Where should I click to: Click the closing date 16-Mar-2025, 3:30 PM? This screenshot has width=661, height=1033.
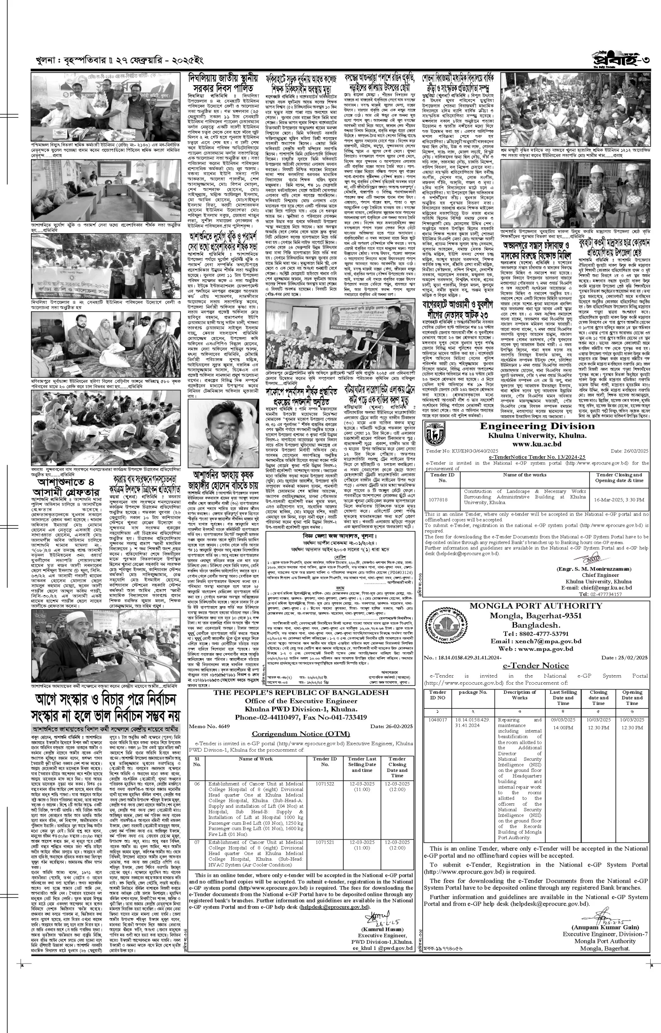tap(619, 500)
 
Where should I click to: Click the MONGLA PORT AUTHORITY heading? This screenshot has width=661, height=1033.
tap(536, 606)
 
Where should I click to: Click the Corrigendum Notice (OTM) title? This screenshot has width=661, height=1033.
tap(300, 734)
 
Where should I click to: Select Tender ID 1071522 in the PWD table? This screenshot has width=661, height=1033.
tap(324, 784)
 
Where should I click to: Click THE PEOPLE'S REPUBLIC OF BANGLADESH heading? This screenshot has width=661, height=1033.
tap(301, 693)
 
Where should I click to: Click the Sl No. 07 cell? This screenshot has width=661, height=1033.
tap(197, 842)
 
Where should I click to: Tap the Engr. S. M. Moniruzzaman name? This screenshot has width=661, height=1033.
tap(594, 569)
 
